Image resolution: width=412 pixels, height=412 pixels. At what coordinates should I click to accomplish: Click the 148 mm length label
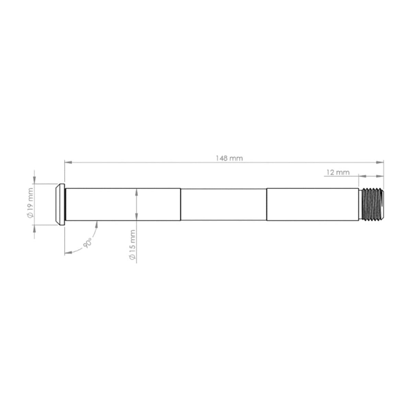[229, 158]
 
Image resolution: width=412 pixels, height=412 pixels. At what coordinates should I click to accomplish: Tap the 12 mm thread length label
[337, 172]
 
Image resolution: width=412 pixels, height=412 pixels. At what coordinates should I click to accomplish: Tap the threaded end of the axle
[373, 204]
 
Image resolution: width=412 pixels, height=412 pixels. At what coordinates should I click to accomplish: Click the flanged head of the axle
[60, 204]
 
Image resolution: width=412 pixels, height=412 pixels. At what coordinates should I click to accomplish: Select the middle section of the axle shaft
[224, 204]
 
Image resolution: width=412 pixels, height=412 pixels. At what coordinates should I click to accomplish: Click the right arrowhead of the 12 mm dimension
[380, 176]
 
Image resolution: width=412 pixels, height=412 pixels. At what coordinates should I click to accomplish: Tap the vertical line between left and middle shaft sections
[181, 204]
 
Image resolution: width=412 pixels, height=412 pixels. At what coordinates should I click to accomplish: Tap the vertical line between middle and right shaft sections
[267, 204]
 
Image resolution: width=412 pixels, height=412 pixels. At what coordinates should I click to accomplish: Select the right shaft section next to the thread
[314, 204]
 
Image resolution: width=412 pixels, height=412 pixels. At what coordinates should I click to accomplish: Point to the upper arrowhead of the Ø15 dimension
[137, 192]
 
